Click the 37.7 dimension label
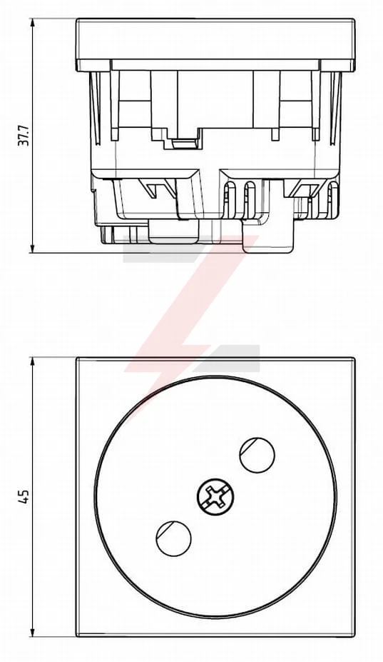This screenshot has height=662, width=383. [x=24, y=136]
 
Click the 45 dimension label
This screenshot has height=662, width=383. [x=24, y=497]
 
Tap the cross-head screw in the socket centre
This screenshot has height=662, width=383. [x=215, y=496]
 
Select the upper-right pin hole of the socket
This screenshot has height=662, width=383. [x=257, y=455]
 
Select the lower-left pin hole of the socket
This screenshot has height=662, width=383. [x=173, y=538]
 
